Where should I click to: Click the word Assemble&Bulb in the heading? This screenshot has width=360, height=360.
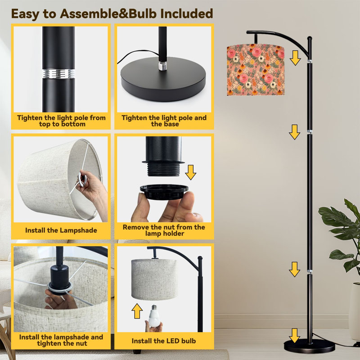click(108, 14)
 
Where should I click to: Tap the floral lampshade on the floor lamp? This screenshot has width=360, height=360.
click(256, 70)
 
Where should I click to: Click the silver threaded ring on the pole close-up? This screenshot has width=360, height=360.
click(58, 73)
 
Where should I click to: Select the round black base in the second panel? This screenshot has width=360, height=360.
click(163, 79)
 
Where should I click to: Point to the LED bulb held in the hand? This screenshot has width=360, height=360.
click(153, 316)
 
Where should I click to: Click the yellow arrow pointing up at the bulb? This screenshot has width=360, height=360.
click(137, 311)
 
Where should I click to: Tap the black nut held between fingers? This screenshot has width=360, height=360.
click(164, 192)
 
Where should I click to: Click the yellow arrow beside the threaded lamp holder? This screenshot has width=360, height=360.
click(191, 172)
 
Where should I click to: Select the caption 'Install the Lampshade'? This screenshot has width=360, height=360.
click(61, 230)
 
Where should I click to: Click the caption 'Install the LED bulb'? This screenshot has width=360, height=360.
click(164, 341)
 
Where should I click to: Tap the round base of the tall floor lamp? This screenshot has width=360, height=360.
click(309, 346)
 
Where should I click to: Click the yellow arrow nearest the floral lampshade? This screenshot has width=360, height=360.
click(295, 58)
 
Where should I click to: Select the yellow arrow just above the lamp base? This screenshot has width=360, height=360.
click(295, 336)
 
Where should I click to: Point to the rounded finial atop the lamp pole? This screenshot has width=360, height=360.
click(310, 39)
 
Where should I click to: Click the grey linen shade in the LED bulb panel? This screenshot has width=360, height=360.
click(154, 279)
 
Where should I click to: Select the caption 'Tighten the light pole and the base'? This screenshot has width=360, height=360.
click(164, 121)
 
